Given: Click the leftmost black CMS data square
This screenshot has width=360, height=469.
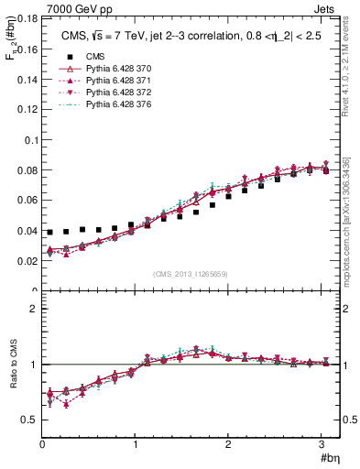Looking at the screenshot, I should pos(49,233).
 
